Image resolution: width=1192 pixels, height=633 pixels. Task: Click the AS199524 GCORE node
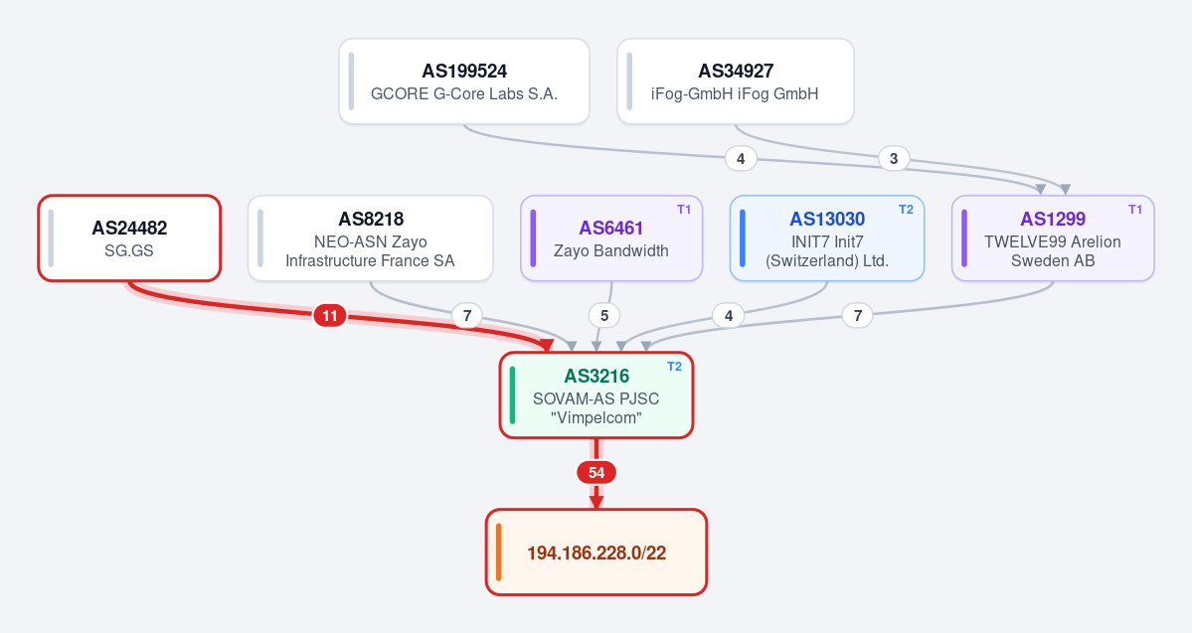point(464,81)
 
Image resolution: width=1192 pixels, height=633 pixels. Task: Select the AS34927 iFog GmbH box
point(735,81)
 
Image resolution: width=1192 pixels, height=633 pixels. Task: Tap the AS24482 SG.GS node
point(129,238)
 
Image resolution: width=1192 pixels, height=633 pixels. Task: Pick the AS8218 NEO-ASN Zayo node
point(370,238)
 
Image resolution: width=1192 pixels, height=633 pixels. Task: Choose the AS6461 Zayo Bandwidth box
point(611,238)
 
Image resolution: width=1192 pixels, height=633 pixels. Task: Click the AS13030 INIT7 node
point(827,238)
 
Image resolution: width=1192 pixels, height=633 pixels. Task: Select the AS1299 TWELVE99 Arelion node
point(1053,238)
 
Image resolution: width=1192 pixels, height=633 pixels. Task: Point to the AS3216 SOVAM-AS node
point(596,396)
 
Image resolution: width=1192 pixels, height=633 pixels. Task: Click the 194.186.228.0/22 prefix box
point(596,553)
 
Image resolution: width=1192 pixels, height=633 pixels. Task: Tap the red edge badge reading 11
point(330,315)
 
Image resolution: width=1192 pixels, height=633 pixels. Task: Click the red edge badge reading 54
point(596,473)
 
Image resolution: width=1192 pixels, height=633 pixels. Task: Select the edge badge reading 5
point(604,315)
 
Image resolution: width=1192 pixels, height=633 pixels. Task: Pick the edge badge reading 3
point(894,159)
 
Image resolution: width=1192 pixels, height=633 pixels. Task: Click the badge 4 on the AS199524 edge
point(741,159)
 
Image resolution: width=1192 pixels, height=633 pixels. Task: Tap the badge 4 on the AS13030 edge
point(729,315)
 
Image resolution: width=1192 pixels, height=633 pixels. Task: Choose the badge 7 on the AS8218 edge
point(467,315)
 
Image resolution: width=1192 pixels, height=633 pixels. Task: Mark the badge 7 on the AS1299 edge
point(858,315)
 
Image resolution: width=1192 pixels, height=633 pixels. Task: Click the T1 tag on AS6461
point(684,210)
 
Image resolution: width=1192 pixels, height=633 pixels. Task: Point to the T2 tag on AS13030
point(906,210)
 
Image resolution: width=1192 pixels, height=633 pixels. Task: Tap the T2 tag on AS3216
point(674,367)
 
